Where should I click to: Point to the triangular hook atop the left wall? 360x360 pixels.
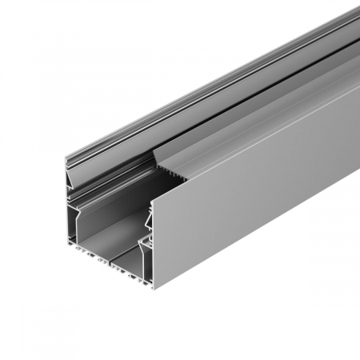click(72, 163)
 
